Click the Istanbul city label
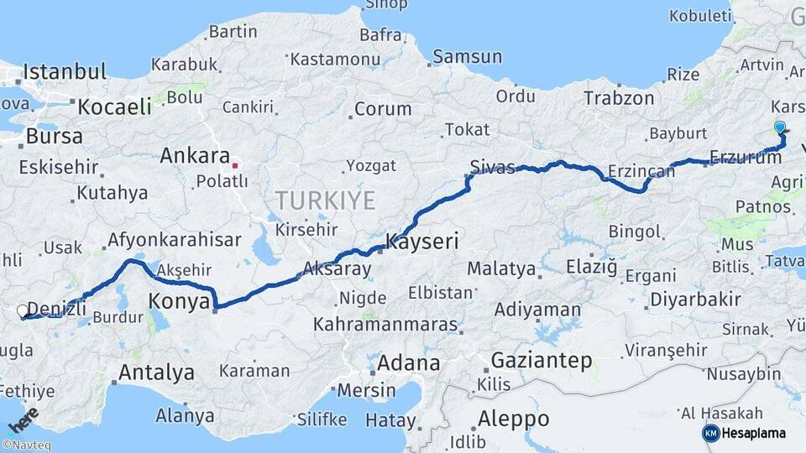(65, 71)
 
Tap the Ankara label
(195, 155)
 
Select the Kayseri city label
(422, 243)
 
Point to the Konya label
(178, 302)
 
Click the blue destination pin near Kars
(780, 128)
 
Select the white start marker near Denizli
(23, 310)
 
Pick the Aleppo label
(513, 419)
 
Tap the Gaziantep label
(542, 360)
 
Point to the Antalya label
(156, 372)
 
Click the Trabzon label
(620, 98)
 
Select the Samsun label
(468, 57)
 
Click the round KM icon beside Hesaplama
(710, 433)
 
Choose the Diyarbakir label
(695, 299)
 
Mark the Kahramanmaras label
(386, 325)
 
